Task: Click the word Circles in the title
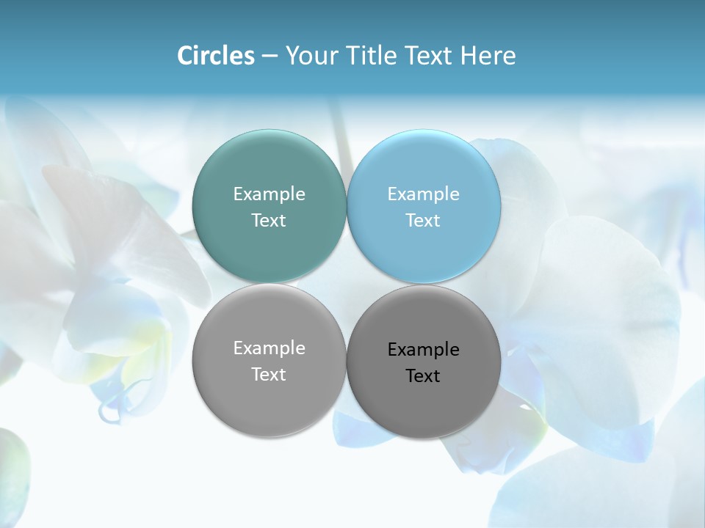click(x=216, y=56)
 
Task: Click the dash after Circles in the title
click(x=270, y=56)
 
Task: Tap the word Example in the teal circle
click(x=269, y=194)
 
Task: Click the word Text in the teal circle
click(x=269, y=221)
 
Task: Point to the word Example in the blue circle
click(x=424, y=194)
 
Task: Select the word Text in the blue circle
click(x=423, y=221)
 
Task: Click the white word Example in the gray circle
click(x=269, y=348)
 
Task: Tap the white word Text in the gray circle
click(x=269, y=375)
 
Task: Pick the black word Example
click(x=424, y=350)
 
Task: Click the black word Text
click(x=423, y=376)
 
